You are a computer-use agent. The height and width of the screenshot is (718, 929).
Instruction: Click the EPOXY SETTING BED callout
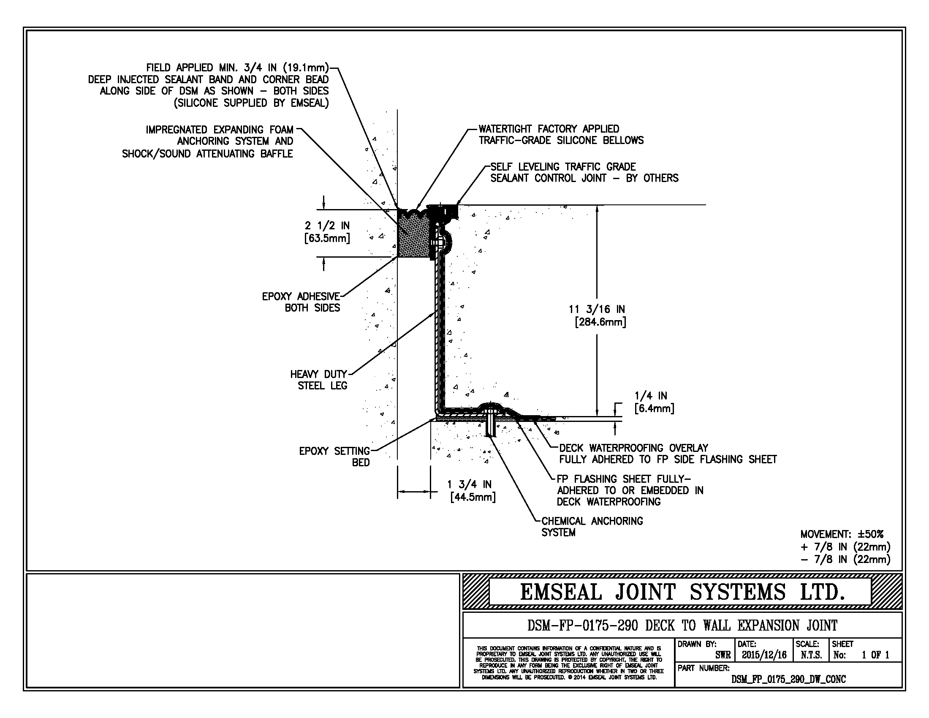point(334,457)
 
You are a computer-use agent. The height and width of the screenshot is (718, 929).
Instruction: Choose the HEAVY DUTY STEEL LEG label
point(319,380)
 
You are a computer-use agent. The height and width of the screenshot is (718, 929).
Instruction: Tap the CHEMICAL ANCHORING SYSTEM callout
point(592,527)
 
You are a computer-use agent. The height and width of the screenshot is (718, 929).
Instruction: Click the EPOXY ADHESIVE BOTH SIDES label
point(301,302)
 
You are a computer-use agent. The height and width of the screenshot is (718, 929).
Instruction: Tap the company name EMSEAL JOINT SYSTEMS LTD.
point(682,592)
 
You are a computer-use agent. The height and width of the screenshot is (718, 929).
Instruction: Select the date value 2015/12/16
point(764,655)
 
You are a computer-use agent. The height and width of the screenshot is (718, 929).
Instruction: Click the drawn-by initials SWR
point(723,655)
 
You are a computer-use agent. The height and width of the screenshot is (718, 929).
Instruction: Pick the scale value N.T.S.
point(811,655)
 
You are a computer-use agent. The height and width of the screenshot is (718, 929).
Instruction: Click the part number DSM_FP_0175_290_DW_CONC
point(788,679)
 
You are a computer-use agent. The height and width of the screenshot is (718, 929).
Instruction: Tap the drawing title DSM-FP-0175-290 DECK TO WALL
point(682,626)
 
